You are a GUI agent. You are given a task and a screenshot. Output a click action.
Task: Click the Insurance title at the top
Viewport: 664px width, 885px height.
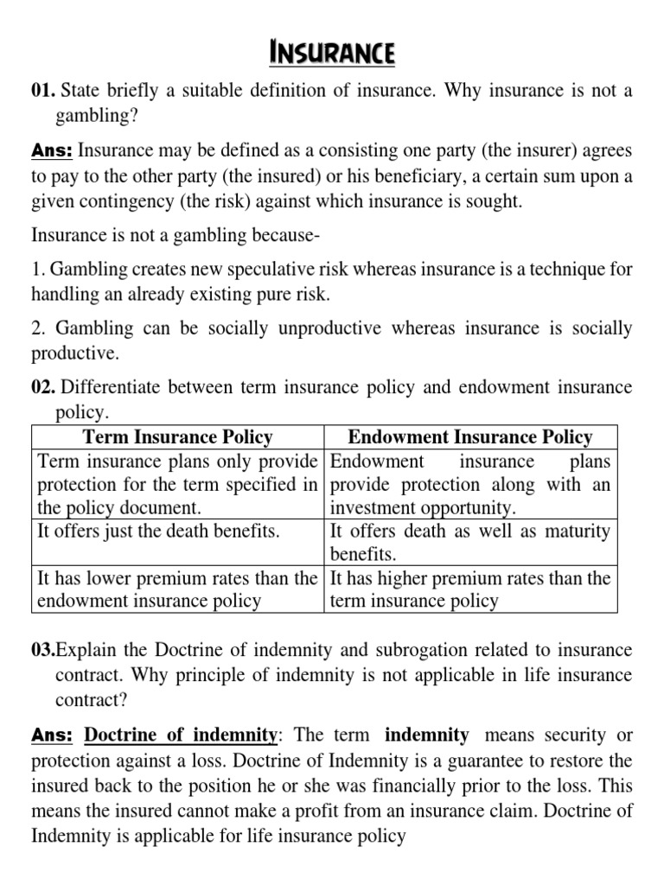coord(333,54)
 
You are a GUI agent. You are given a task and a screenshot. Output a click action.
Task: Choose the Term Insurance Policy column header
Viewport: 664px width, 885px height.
coord(177,437)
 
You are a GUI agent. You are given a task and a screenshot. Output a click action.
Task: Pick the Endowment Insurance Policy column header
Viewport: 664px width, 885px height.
coord(470,437)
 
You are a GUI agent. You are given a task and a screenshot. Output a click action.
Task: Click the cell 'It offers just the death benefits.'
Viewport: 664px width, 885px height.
coord(159,532)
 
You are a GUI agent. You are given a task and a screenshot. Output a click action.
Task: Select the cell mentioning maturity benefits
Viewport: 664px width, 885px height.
coord(470,542)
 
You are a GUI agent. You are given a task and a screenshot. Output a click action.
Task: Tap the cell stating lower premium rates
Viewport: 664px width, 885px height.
coord(177,589)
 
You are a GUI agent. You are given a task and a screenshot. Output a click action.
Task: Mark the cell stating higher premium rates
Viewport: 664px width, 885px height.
coord(470,589)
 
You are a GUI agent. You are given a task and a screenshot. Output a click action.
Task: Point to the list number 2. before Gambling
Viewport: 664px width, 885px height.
coord(39,329)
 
